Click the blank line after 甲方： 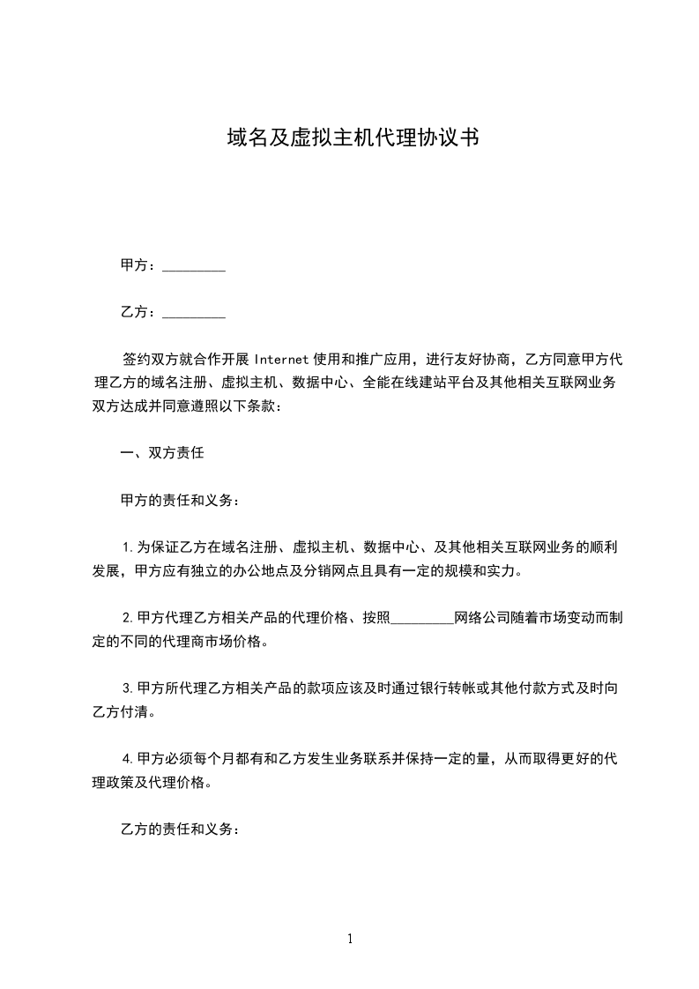[x=194, y=265]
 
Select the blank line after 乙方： [x=194, y=312]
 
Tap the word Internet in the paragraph [x=281, y=360]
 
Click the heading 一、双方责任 [x=162, y=453]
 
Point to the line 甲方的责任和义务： [x=179, y=500]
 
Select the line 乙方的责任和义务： [x=179, y=829]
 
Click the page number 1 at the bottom [x=350, y=939]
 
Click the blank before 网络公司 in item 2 [x=421, y=618]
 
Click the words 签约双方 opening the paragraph [x=151, y=360]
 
